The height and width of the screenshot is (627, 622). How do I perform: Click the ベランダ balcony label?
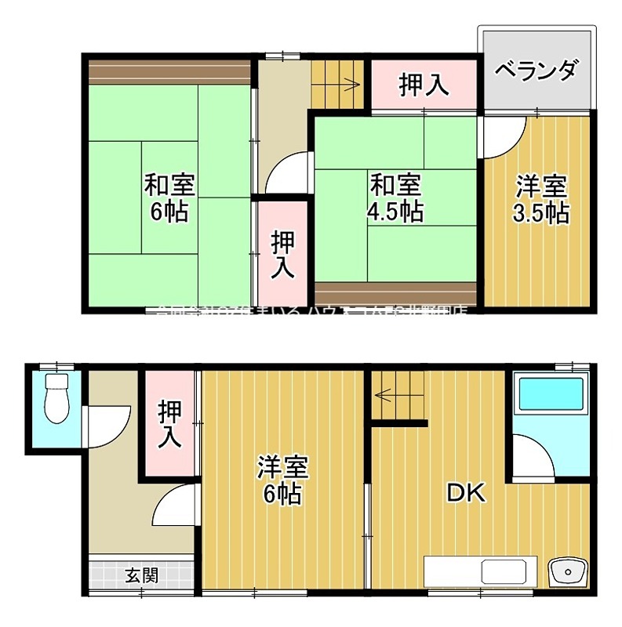tap(537, 70)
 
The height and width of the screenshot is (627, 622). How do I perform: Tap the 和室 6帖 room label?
tap(169, 198)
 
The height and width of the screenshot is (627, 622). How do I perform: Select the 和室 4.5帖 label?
tap(396, 198)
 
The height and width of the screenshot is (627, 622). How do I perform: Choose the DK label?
tap(467, 492)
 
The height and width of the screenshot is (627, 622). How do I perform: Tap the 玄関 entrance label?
tap(141, 575)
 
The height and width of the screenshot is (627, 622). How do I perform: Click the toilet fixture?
tap(56, 397)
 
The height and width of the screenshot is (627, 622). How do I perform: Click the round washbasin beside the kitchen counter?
tap(566, 571)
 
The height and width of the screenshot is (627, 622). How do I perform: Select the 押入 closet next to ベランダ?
tap(424, 84)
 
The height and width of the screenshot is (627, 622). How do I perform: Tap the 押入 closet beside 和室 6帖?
tap(283, 253)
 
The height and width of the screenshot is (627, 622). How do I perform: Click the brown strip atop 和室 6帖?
tap(168, 72)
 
